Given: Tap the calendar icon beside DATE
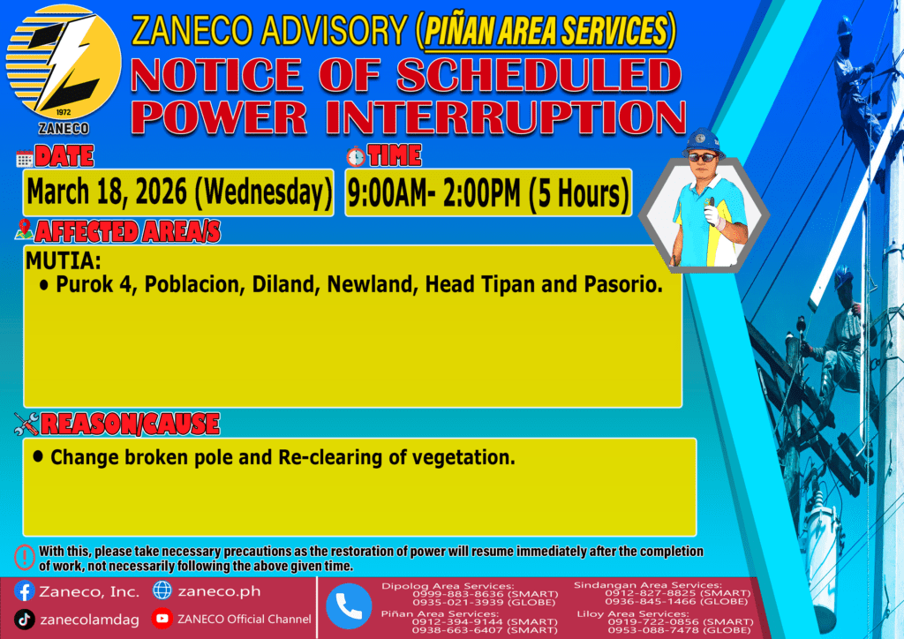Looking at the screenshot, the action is (24, 159).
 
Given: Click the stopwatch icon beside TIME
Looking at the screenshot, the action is (356, 157).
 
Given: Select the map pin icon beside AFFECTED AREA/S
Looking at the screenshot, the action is (24, 229).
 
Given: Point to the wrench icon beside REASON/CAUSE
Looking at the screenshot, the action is (26, 424).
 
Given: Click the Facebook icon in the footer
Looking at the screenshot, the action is (24, 591).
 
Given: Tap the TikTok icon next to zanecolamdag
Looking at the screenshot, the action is (24, 620).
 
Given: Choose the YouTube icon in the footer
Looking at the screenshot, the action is (162, 619).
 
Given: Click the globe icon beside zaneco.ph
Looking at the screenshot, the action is (162, 590).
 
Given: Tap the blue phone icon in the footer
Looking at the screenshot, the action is (349, 606).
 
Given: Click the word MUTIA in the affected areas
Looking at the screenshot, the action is (63, 261).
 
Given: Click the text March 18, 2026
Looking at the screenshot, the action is (107, 192).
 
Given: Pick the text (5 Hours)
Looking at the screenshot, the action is (578, 193).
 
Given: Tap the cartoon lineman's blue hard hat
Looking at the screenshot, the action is (703, 142).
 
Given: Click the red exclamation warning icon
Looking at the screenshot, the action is (25, 557).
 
